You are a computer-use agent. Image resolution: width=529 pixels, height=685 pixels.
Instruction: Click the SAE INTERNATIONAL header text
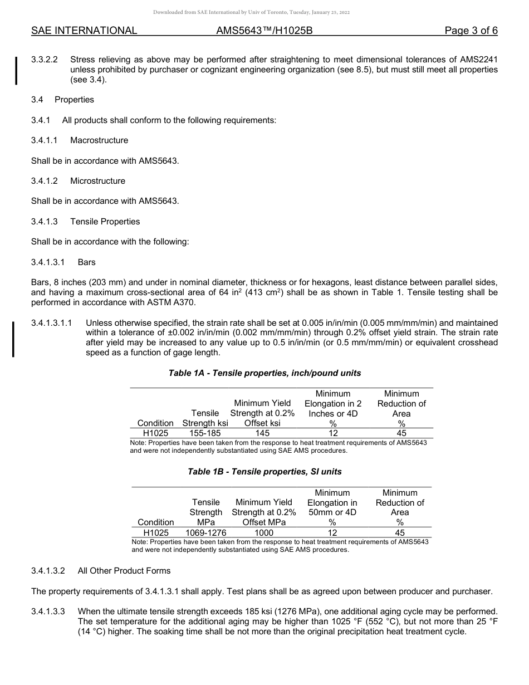click(x=84, y=31)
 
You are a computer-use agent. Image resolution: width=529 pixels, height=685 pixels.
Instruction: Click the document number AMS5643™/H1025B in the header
click(x=264, y=31)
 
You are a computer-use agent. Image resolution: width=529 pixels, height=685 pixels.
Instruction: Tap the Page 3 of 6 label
click(x=471, y=31)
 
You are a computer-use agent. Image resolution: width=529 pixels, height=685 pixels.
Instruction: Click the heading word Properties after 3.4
click(x=74, y=100)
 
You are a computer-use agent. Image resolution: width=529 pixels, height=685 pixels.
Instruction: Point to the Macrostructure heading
click(x=99, y=140)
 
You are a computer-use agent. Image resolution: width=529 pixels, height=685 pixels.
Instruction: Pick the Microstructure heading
click(x=97, y=181)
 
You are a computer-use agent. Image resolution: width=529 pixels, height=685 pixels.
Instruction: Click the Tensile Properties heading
click(x=105, y=222)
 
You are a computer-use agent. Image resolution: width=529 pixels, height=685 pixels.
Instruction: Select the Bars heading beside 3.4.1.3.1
click(x=87, y=262)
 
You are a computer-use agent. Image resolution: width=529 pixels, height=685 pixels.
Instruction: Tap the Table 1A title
click(x=264, y=373)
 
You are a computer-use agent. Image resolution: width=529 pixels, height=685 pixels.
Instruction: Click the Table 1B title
click(x=264, y=472)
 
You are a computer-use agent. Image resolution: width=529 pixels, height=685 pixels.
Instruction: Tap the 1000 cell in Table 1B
click(x=264, y=532)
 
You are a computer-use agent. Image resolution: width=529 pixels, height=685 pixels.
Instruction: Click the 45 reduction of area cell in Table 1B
click(x=400, y=532)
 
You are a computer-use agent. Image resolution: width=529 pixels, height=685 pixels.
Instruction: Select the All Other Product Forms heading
click(x=124, y=571)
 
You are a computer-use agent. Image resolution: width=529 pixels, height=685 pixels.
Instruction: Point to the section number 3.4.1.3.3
click(x=48, y=611)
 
